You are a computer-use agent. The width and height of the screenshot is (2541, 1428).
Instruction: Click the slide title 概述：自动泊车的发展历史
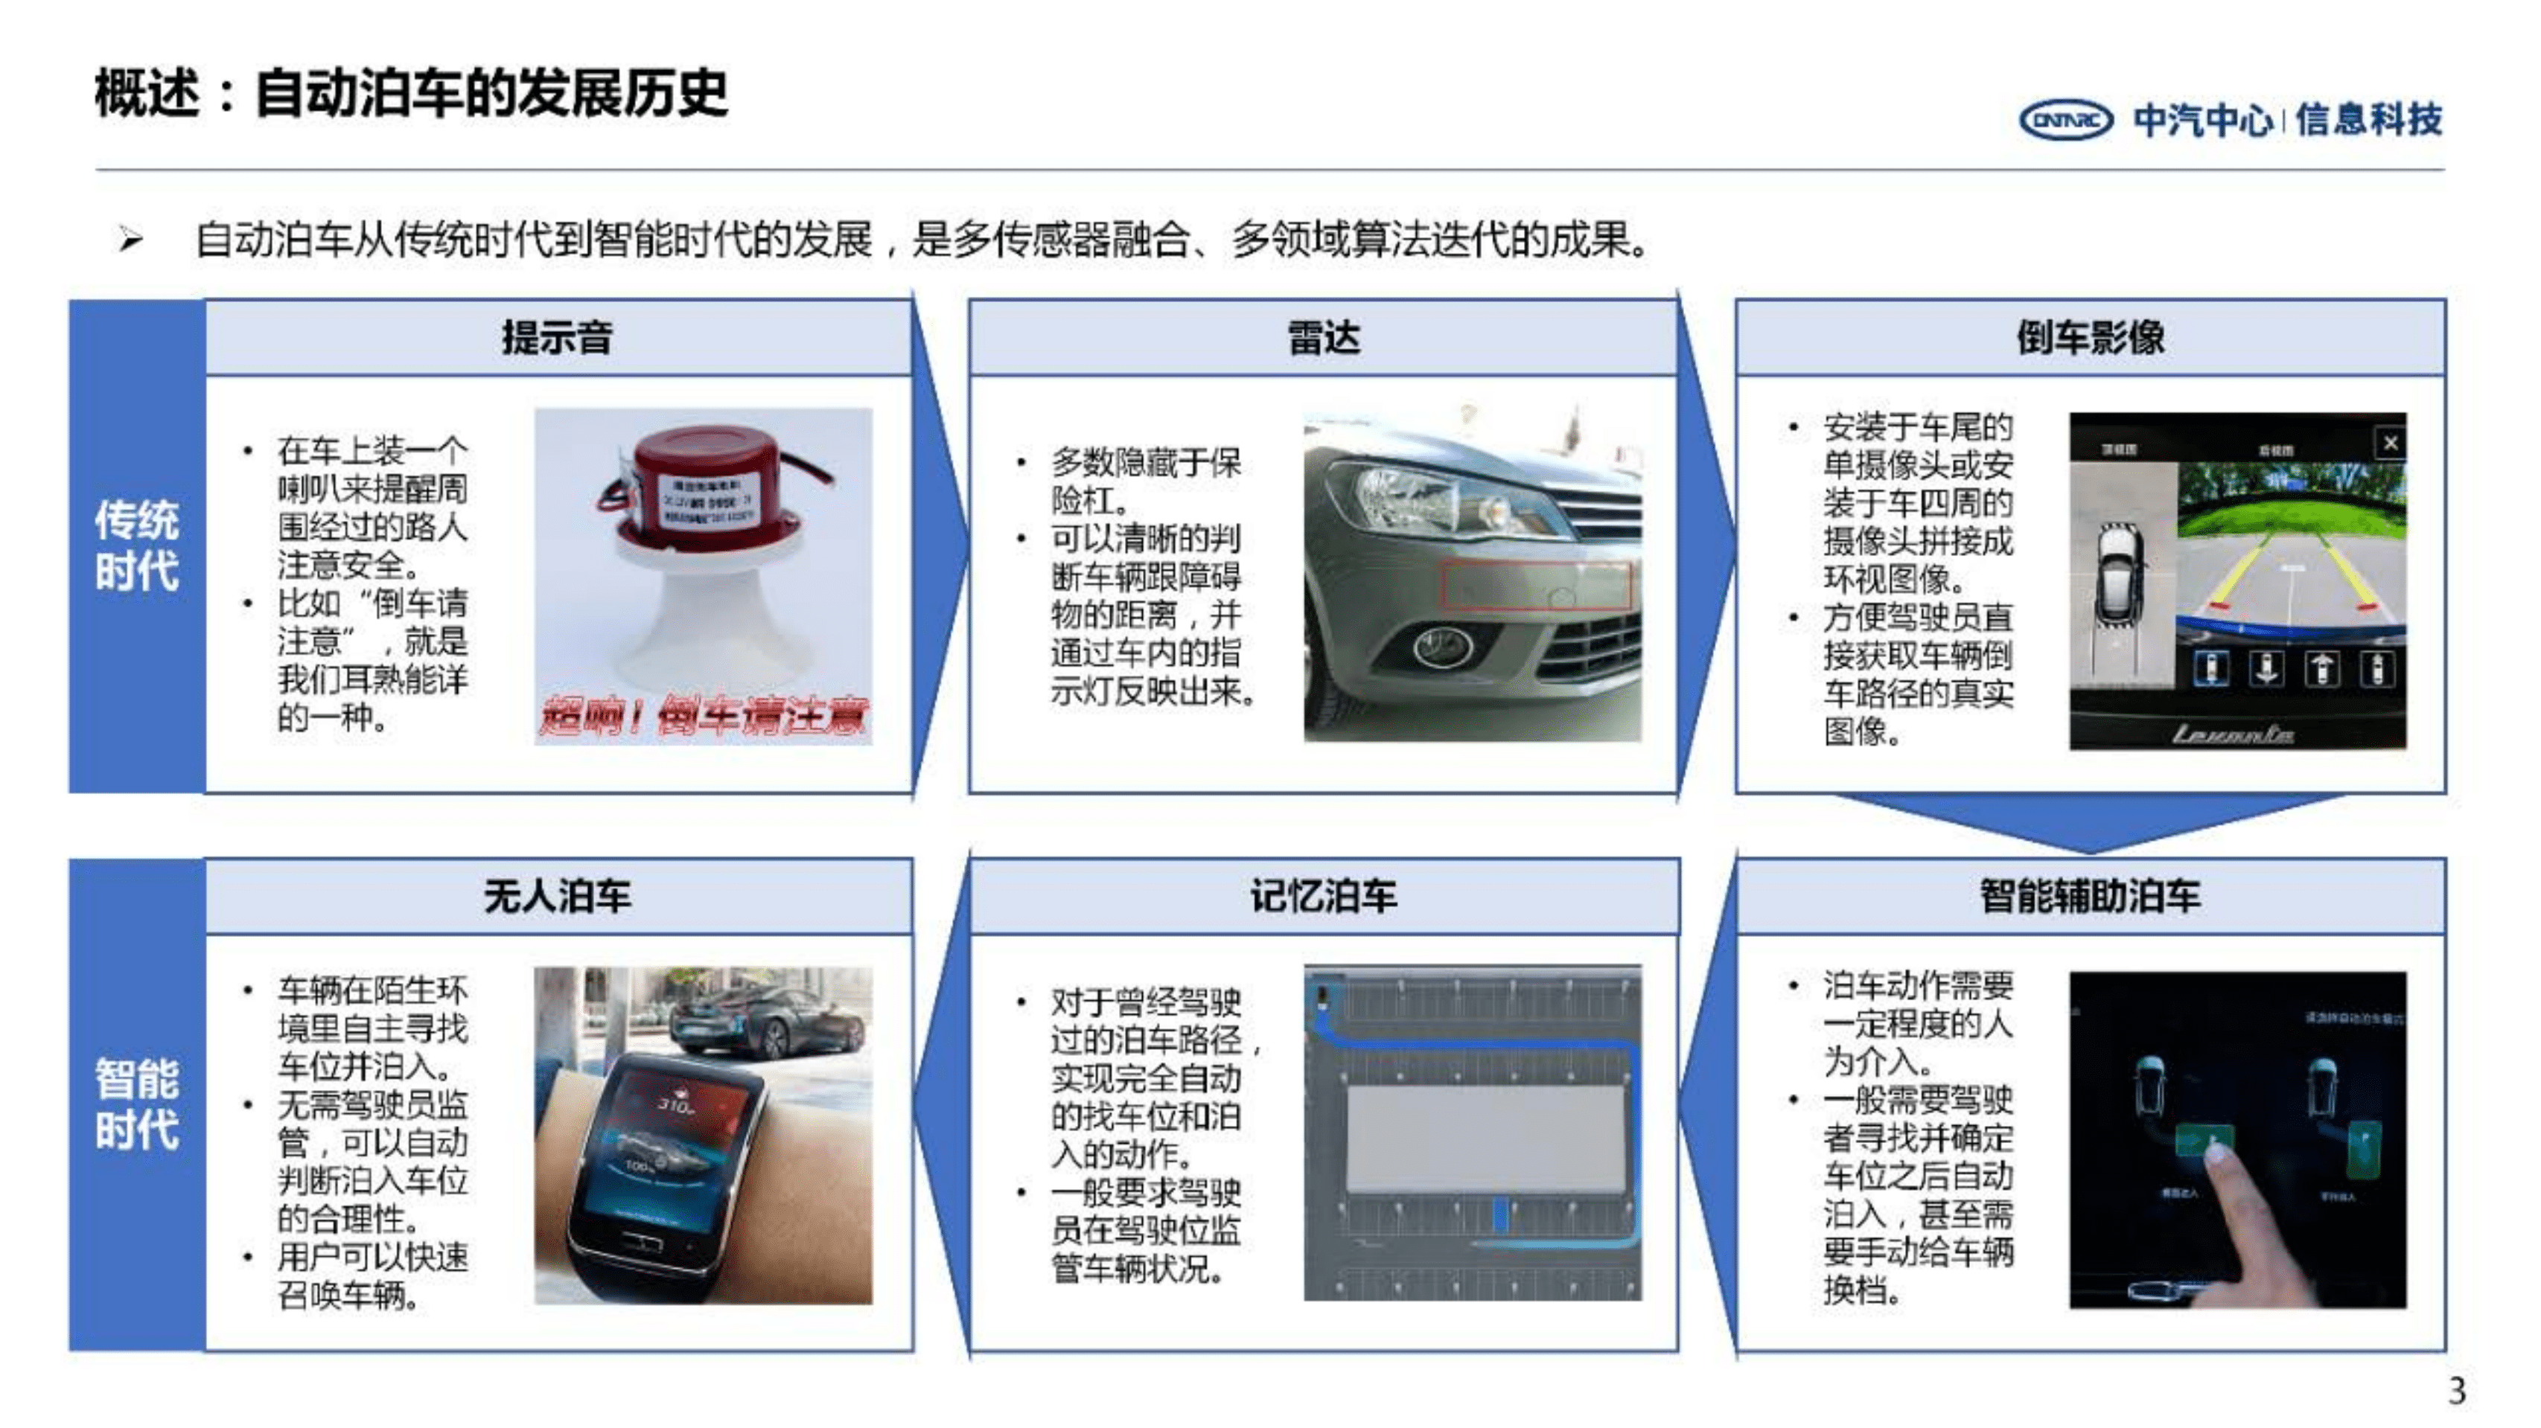(x=410, y=94)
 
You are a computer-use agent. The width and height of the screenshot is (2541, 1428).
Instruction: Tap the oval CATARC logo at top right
(x=2065, y=121)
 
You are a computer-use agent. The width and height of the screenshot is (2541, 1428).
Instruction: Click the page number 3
(x=2456, y=1392)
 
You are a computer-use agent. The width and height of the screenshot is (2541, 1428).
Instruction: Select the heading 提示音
(x=558, y=337)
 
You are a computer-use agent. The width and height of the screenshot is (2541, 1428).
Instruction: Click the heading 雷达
(x=1323, y=337)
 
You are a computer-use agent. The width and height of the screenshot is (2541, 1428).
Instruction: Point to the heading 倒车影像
(x=2089, y=337)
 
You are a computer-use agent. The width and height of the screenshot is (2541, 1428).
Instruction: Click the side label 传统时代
(x=136, y=545)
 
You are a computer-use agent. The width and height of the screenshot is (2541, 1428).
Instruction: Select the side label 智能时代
(x=136, y=1104)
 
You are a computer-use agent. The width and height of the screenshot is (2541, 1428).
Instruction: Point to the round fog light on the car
(x=1442, y=647)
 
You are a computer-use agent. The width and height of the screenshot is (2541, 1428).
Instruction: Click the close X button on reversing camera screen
(x=2389, y=443)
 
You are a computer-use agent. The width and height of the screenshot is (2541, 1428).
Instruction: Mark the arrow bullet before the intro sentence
(x=130, y=239)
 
